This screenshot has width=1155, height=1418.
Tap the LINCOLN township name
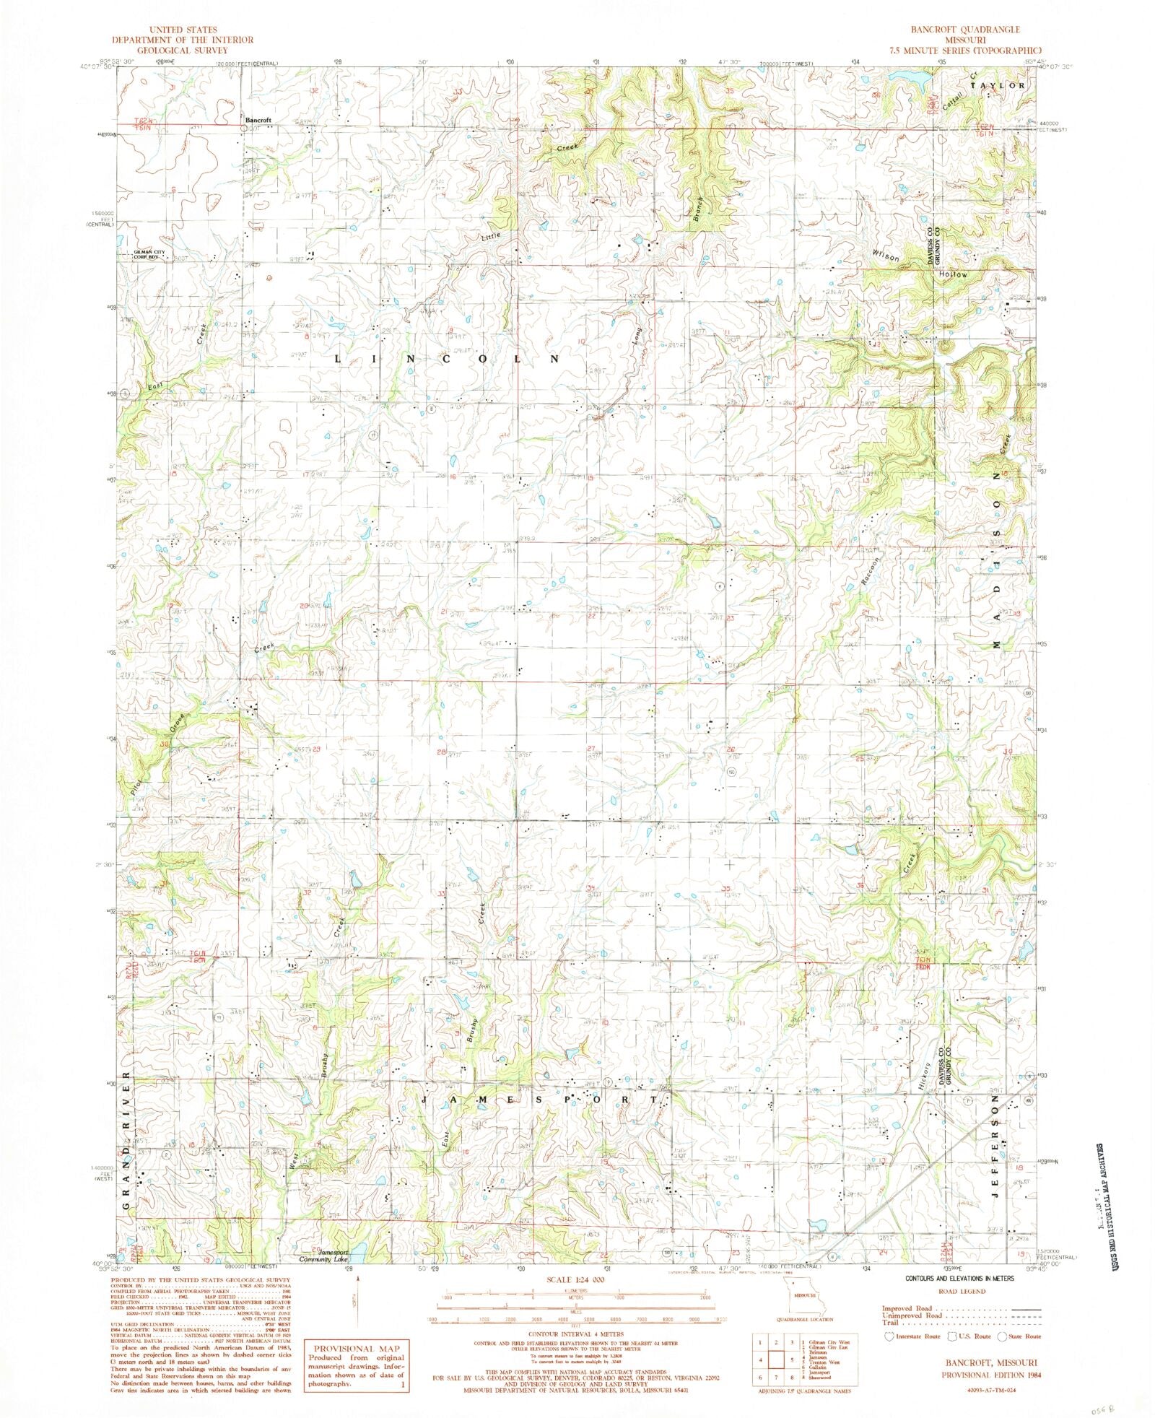[x=448, y=358]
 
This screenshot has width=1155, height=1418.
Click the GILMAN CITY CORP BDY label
[x=148, y=254]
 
